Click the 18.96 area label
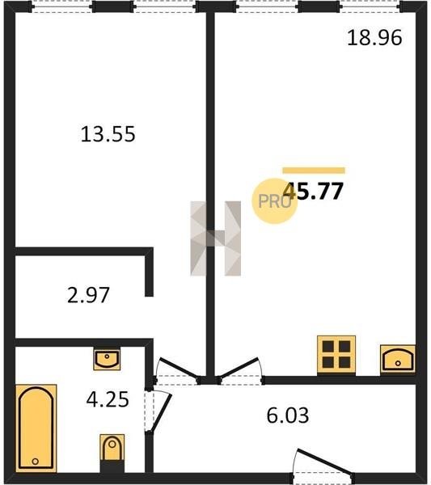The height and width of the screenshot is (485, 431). [374, 38]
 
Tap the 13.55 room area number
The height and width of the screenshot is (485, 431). [108, 134]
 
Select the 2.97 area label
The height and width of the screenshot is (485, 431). [88, 295]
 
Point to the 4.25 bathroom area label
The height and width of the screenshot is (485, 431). [108, 399]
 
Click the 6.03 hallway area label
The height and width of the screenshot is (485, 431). [288, 415]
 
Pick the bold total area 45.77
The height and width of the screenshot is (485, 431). [313, 191]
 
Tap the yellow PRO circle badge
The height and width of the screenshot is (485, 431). [274, 201]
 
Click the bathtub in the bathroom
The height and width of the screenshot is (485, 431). [36, 428]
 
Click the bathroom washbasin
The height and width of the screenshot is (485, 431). [107, 359]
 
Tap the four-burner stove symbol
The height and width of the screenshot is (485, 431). [336, 355]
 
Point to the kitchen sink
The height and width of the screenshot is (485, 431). [398, 359]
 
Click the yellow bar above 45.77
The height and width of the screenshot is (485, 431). [314, 171]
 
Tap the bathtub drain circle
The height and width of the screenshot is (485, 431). [36, 462]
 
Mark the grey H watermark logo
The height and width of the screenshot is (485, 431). [216, 238]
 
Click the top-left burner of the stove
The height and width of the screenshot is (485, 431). [328, 347]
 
